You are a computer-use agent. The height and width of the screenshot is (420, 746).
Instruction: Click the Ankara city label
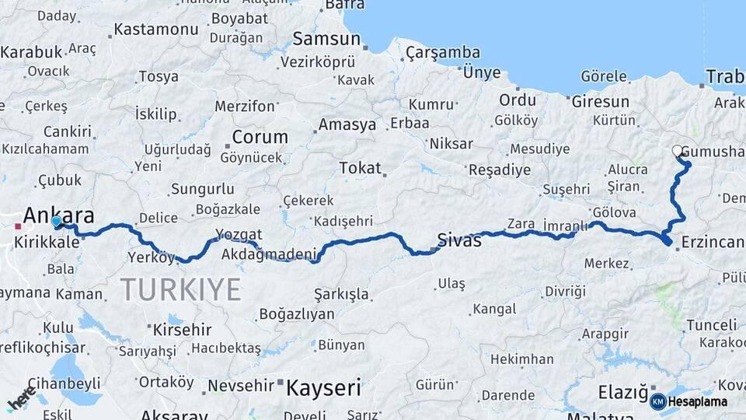tap(59, 215)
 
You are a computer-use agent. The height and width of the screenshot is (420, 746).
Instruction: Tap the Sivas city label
tap(459, 240)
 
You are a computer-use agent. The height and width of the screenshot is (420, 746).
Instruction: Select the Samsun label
tap(326, 39)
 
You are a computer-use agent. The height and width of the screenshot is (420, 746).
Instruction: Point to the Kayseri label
tap(324, 387)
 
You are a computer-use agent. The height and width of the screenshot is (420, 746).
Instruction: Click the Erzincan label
tap(713, 243)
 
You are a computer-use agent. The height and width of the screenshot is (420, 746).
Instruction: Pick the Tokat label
tap(360, 168)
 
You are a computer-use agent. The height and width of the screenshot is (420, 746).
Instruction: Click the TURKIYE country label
tap(180, 289)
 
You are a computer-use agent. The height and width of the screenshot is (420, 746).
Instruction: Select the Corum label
tap(260, 137)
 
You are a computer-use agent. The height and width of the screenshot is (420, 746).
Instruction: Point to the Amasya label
tap(347, 124)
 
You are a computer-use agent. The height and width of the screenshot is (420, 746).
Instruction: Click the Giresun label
tap(600, 101)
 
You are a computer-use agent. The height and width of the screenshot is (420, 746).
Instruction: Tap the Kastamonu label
tap(156, 30)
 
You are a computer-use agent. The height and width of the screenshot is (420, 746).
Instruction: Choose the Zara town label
tap(521, 224)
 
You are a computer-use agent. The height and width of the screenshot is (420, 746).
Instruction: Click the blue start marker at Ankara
tap(56, 222)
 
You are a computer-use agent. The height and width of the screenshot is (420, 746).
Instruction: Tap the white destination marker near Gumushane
tap(677, 151)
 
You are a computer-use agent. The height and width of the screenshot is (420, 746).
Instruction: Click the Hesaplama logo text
tap(698, 401)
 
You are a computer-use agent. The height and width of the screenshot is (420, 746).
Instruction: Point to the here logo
tap(22, 398)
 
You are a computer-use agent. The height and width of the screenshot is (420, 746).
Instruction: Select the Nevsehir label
tap(240, 384)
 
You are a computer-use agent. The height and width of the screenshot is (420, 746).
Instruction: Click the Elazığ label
tap(623, 392)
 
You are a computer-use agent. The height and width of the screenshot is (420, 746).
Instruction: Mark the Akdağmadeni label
tap(269, 254)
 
